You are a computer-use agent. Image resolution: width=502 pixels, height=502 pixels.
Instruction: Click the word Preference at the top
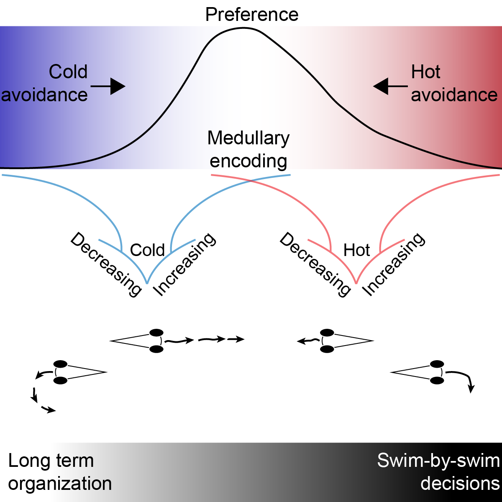[252, 15]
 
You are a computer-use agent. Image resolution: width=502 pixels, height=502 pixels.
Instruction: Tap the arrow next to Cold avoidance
[108, 87]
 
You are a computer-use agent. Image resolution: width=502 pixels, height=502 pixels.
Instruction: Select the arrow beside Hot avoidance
[390, 87]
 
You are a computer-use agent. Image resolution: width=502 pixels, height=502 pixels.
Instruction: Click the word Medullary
[248, 138]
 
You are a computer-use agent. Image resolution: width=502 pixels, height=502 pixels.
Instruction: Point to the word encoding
[248, 161]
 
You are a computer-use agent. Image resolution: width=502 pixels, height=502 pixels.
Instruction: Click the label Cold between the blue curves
[147, 250]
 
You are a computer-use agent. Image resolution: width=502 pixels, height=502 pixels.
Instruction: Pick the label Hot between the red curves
[356, 250]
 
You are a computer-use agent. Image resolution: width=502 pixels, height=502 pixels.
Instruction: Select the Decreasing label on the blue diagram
[106, 265]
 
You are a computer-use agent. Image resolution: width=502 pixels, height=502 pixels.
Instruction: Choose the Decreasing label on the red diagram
[315, 265]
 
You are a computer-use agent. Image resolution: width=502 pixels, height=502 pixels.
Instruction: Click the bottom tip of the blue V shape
[147, 283]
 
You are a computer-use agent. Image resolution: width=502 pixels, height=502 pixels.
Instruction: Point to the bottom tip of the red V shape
[356, 283]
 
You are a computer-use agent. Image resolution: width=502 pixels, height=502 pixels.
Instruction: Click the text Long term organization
[60, 472]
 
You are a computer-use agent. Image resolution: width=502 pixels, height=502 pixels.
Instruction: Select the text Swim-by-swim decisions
[439, 472]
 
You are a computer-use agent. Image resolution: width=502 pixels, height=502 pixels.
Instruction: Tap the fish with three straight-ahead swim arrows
[138, 341]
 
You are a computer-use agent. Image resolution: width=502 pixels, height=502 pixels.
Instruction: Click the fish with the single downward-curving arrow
[418, 371]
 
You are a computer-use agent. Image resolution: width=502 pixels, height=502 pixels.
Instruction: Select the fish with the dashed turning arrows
[79, 371]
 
